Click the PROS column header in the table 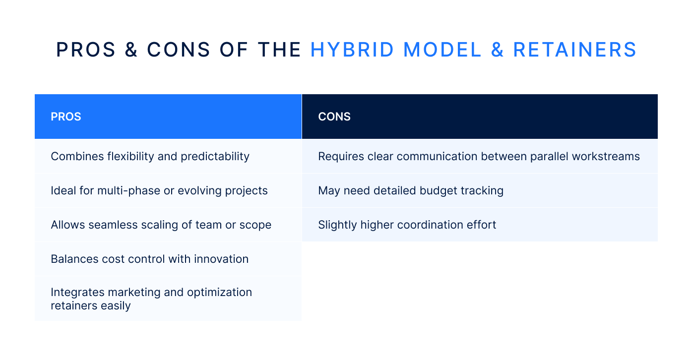[x=66, y=117]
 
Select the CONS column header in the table [x=334, y=117]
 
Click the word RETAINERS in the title [x=574, y=50]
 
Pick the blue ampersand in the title [x=497, y=50]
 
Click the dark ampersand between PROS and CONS [x=132, y=50]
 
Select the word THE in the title [x=279, y=50]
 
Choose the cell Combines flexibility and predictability [x=150, y=157]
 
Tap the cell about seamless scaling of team [x=161, y=225]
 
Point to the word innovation [x=221, y=259]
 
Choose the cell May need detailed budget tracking [x=410, y=191]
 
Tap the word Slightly [x=337, y=225]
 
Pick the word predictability [x=215, y=157]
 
